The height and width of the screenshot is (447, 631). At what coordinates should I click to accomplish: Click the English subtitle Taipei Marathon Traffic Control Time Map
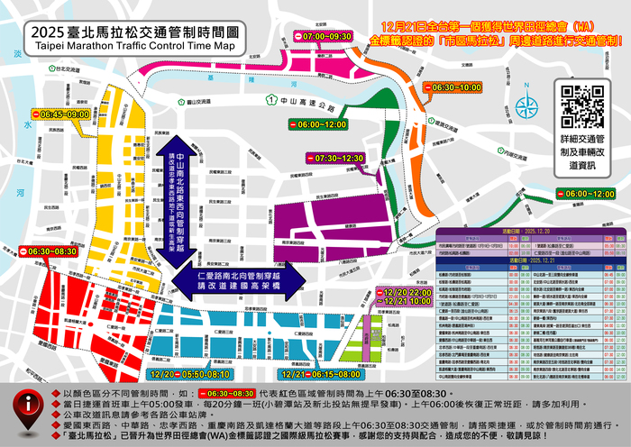[x=133, y=44]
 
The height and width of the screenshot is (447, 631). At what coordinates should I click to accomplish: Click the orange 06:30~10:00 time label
[x=453, y=87]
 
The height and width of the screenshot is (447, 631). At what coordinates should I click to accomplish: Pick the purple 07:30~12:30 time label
[x=334, y=158]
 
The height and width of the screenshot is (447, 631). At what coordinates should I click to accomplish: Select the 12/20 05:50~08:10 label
[x=190, y=372]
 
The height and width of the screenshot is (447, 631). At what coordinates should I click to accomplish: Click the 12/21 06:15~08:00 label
[x=321, y=372]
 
